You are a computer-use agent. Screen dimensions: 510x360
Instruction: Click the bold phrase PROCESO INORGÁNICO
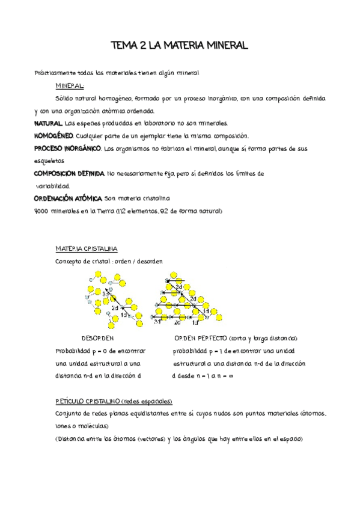[x=67, y=148]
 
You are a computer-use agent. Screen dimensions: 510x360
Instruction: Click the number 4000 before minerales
[x=43, y=210]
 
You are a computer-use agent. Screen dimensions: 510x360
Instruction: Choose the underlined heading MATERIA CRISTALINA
[x=86, y=248]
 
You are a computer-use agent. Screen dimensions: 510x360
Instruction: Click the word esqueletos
[x=50, y=161]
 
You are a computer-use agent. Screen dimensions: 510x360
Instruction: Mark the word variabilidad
[x=52, y=185]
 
